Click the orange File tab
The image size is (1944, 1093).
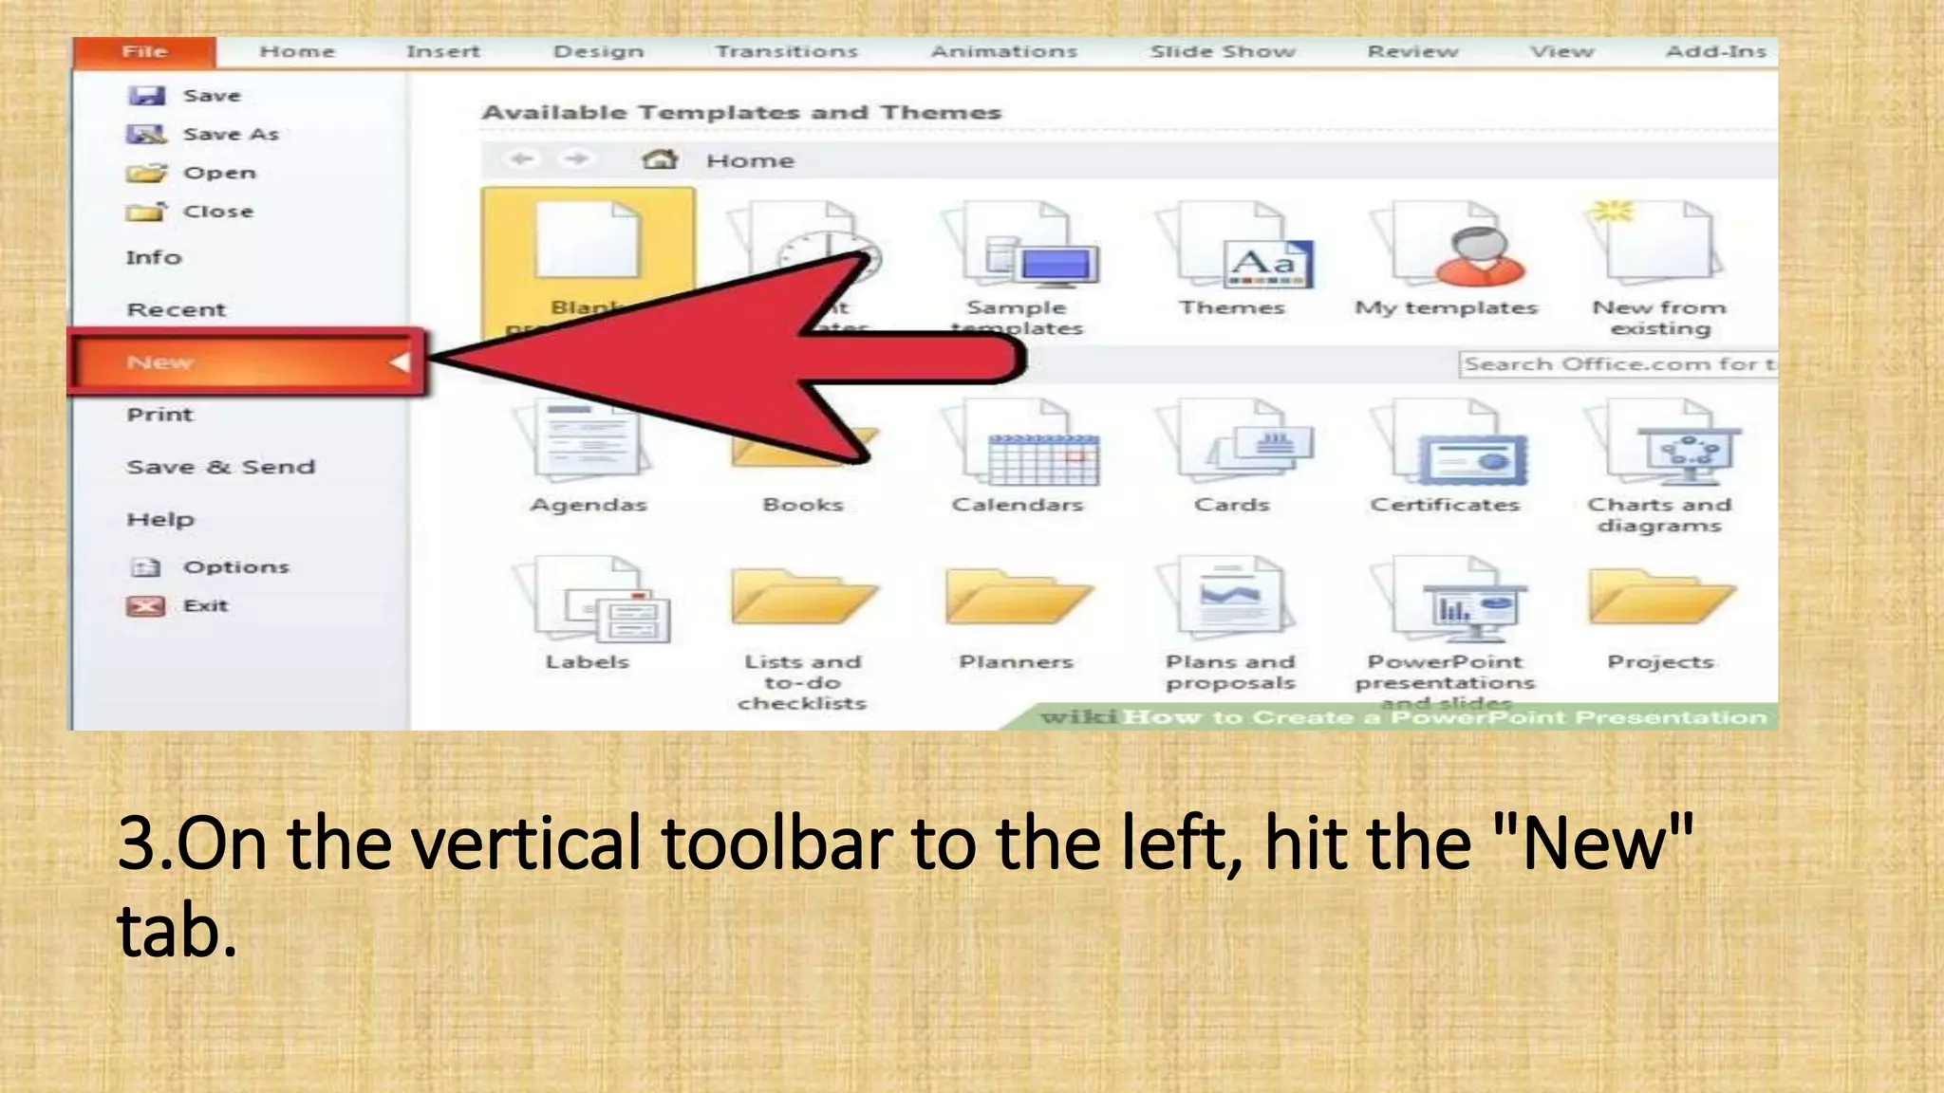(144, 52)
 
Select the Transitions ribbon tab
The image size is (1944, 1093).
(786, 52)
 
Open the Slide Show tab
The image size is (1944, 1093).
(1223, 52)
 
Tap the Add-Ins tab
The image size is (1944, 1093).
(1715, 52)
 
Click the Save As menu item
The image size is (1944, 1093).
(230, 135)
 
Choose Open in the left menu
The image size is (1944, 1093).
(218, 174)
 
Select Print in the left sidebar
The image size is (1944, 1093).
(159, 415)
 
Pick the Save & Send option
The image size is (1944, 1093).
(220, 467)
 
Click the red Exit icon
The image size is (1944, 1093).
(146, 606)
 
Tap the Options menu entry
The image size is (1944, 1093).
(235, 567)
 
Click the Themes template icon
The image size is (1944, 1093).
(1232, 249)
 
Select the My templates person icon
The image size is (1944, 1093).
(1447, 249)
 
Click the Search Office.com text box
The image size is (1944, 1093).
(1617, 364)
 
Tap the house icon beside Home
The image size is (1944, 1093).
(660, 159)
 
